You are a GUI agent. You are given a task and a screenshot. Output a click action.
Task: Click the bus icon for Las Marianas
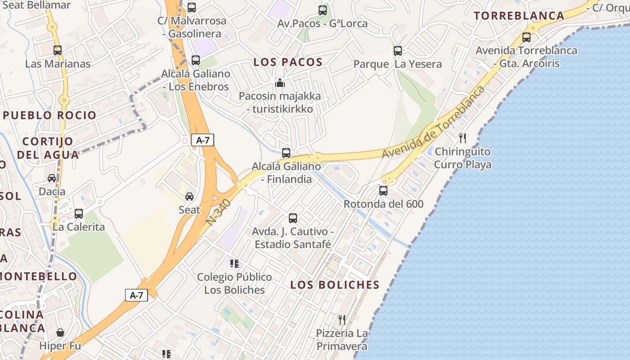[58, 50]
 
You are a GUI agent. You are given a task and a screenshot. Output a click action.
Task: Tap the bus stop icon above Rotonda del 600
[383, 191]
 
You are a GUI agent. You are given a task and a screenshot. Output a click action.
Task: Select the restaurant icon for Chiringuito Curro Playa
[462, 138]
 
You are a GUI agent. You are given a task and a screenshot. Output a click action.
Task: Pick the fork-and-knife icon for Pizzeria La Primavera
[342, 320]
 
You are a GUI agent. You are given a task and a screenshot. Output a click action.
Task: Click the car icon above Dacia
[52, 178]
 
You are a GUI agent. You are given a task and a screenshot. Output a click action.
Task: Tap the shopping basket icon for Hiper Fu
[60, 333]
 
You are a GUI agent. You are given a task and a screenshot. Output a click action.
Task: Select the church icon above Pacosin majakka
[280, 83]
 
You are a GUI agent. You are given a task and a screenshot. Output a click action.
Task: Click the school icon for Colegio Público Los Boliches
[234, 264]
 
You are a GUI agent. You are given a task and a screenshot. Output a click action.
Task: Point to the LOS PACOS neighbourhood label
[288, 62]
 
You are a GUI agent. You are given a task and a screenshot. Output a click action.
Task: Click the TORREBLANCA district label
[519, 16]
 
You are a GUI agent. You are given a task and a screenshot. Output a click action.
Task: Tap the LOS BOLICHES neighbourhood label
[335, 285]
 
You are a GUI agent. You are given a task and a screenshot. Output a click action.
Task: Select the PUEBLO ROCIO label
[49, 115]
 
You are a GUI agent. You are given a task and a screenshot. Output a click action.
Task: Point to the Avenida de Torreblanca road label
[433, 122]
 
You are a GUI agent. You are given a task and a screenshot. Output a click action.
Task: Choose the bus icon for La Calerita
[79, 214]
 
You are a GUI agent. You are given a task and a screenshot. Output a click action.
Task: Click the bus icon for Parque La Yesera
[398, 51]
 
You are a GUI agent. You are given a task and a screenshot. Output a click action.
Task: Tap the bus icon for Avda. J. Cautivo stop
[293, 218]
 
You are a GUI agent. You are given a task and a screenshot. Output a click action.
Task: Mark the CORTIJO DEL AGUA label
[48, 148]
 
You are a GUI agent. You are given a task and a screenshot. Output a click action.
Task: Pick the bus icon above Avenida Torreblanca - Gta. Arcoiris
[526, 37]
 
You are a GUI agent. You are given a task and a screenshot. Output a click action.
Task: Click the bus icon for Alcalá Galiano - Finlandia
[286, 153]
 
